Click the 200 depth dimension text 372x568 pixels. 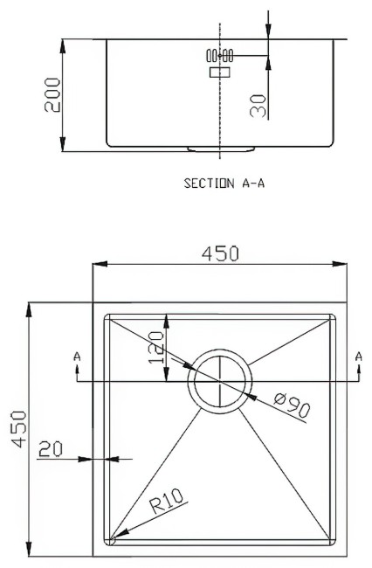tap(52, 94)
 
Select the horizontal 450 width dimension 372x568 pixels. tap(220, 253)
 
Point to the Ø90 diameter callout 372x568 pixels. tap(292, 407)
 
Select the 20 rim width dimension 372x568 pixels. tap(51, 448)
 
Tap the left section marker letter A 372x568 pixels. tap(78, 357)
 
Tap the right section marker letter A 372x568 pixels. tap(359, 356)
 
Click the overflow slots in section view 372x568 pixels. tap(219, 56)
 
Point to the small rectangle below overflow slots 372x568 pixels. tap(217, 73)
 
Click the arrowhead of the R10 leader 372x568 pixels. tap(116, 535)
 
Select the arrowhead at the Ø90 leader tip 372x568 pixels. tap(251, 395)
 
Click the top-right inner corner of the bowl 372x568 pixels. tap(332, 316)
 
